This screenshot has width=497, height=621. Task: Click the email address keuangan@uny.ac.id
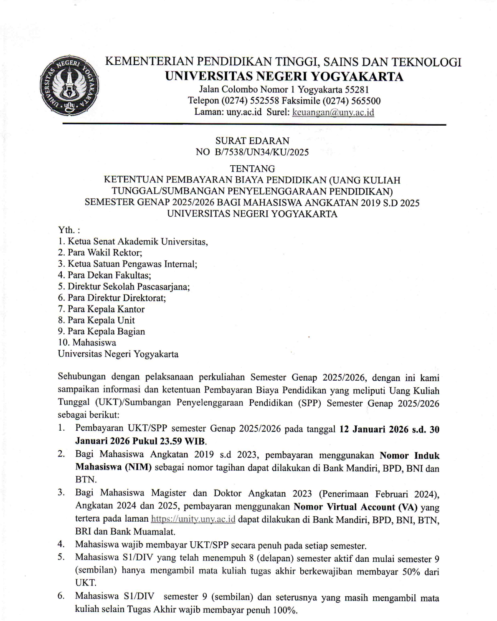pos(333,112)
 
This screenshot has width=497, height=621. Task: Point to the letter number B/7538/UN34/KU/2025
pos(262,152)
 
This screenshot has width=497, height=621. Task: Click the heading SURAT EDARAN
pos(252,141)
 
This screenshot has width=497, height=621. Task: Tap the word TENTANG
pos(252,169)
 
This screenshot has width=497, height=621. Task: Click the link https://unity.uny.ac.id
pos(193,519)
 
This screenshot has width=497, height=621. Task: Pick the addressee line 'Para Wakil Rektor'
pos(104,252)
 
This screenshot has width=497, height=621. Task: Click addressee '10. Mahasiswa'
pos(87,343)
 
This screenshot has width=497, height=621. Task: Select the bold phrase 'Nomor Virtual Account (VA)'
pos(355,507)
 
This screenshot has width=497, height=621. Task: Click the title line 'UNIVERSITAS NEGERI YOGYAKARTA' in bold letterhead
pos(284,76)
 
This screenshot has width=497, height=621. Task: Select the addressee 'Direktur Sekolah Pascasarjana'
pos(128,287)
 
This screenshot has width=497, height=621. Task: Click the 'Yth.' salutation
pos(69,230)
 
